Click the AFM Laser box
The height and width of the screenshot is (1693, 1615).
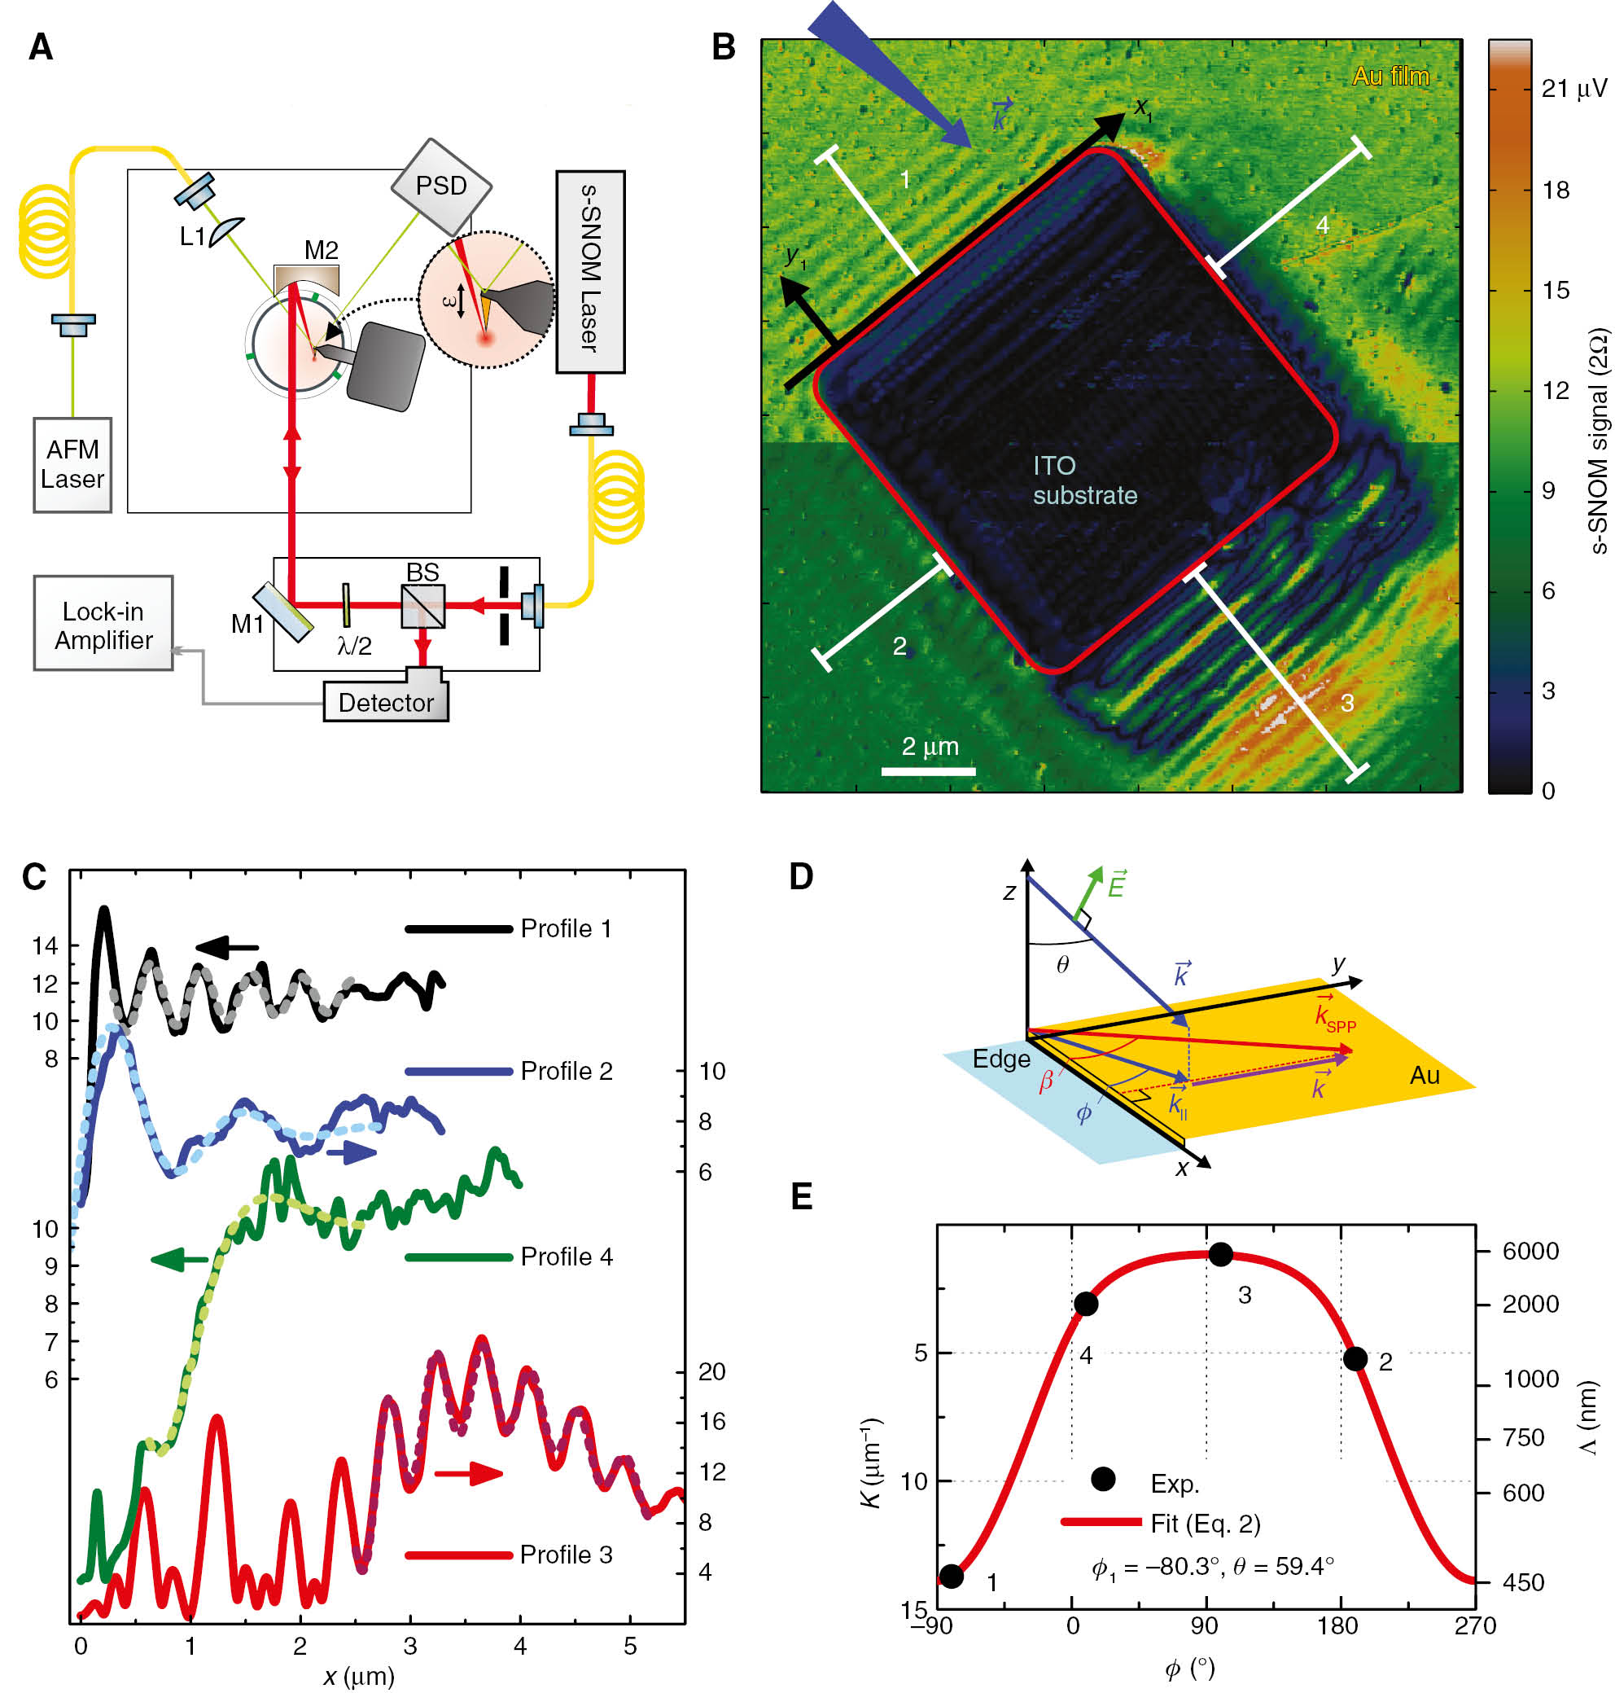click(x=72, y=464)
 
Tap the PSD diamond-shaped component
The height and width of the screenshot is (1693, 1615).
click(x=442, y=186)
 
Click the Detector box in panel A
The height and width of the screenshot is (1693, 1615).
click(x=386, y=702)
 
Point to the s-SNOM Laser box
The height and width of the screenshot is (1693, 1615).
click(x=589, y=270)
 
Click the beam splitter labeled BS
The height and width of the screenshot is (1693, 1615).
click(x=422, y=605)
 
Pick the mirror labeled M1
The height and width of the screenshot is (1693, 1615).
click(x=282, y=612)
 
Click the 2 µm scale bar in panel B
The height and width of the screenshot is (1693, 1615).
click(x=928, y=770)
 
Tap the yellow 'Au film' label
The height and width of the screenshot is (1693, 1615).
click(x=1390, y=77)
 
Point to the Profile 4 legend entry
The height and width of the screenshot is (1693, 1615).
click(x=566, y=1257)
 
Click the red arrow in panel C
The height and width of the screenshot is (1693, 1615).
click(x=469, y=1473)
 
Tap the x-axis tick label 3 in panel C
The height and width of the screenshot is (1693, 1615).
click(x=409, y=1646)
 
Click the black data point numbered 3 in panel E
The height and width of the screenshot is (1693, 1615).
click(x=1220, y=1255)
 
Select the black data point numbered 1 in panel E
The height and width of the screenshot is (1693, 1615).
click(x=952, y=1576)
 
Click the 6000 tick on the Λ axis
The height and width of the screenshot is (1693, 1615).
click(x=1530, y=1252)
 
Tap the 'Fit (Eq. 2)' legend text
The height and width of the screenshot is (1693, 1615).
click(x=1205, y=1524)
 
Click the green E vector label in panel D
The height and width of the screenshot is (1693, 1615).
click(x=1116, y=884)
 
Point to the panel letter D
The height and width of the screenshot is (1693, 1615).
click(x=801, y=877)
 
